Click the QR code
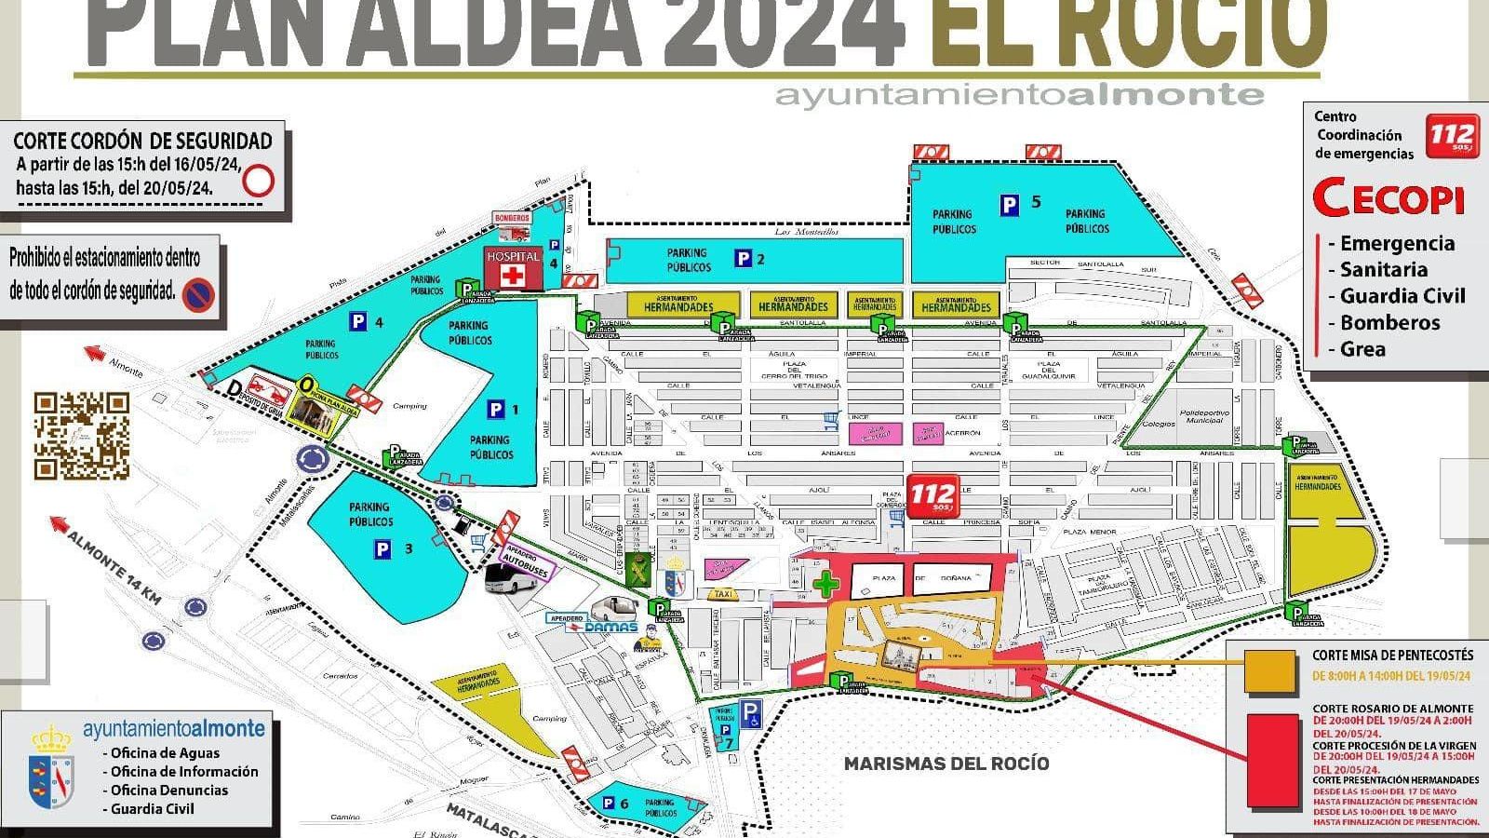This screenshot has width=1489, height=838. pyautogui.click(x=82, y=436)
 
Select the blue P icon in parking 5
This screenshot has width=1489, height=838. pyautogui.click(x=1009, y=205)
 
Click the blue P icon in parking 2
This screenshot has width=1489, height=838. pyautogui.click(x=743, y=258)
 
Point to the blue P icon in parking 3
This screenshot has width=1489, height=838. pyautogui.click(x=382, y=550)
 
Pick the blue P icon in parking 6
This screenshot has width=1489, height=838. pyautogui.click(x=609, y=804)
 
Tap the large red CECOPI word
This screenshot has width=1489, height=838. pyautogui.click(x=1388, y=198)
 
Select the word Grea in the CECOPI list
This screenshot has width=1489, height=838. pyautogui.click(x=1362, y=349)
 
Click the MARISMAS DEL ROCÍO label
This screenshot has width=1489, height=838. pyautogui.click(x=946, y=764)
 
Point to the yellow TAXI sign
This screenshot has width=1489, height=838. pyautogui.click(x=720, y=594)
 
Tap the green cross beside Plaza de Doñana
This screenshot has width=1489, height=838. pyautogui.click(x=825, y=585)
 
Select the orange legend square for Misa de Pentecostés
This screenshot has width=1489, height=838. pyautogui.click(x=1271, y=672)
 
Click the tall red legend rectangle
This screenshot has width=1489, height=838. pyautogui.click(x=1273, y=761)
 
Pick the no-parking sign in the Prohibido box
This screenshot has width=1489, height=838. pyautogui.click(x=198, y=295)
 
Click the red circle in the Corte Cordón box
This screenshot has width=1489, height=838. pyautogui.click(x=258, y=180)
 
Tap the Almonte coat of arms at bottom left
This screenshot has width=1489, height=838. pyautogui.click(x=51, y=770)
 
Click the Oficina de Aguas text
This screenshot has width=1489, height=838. pyautogui.click(x=165, y=753)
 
